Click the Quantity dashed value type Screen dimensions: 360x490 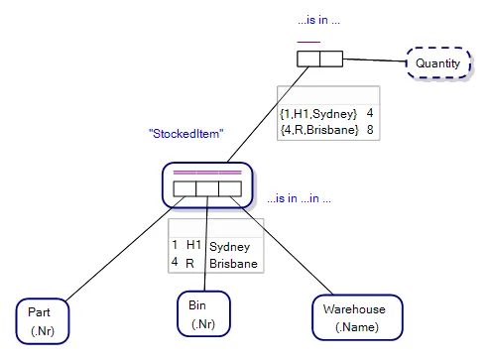click(436, 63)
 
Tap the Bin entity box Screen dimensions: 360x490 click(202, 313)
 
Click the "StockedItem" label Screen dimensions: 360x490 click(184, 132)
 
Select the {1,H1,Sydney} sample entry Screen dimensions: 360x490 click(317, 114)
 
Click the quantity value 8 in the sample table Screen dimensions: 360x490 click(369, 130)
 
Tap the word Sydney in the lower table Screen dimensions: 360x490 click(230, 246)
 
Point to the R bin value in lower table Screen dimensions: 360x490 click(190, 263)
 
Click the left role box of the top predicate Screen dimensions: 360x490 click(308, 59)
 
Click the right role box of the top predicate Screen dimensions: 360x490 click(331, 59)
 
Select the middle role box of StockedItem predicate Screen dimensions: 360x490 click(206, 187)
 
